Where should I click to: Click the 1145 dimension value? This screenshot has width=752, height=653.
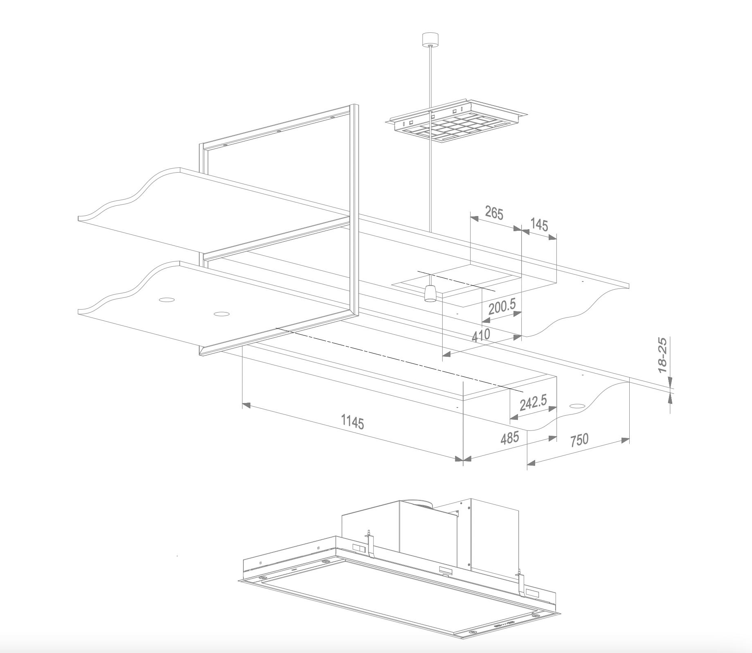352,422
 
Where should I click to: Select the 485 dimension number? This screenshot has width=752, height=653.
510,437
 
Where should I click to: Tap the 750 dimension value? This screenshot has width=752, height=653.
579,440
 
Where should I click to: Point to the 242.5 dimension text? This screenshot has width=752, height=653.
533,403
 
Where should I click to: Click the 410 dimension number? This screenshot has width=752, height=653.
481,335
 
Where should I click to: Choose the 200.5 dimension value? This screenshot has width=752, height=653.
502,306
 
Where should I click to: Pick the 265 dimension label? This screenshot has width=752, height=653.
494,213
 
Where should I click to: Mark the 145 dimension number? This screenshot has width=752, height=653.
539,225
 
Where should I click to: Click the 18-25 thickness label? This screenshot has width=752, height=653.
662,355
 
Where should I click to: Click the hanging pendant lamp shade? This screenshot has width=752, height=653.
430,293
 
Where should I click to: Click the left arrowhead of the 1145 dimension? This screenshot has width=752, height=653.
246,405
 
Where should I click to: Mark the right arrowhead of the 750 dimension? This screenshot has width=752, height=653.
626,440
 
